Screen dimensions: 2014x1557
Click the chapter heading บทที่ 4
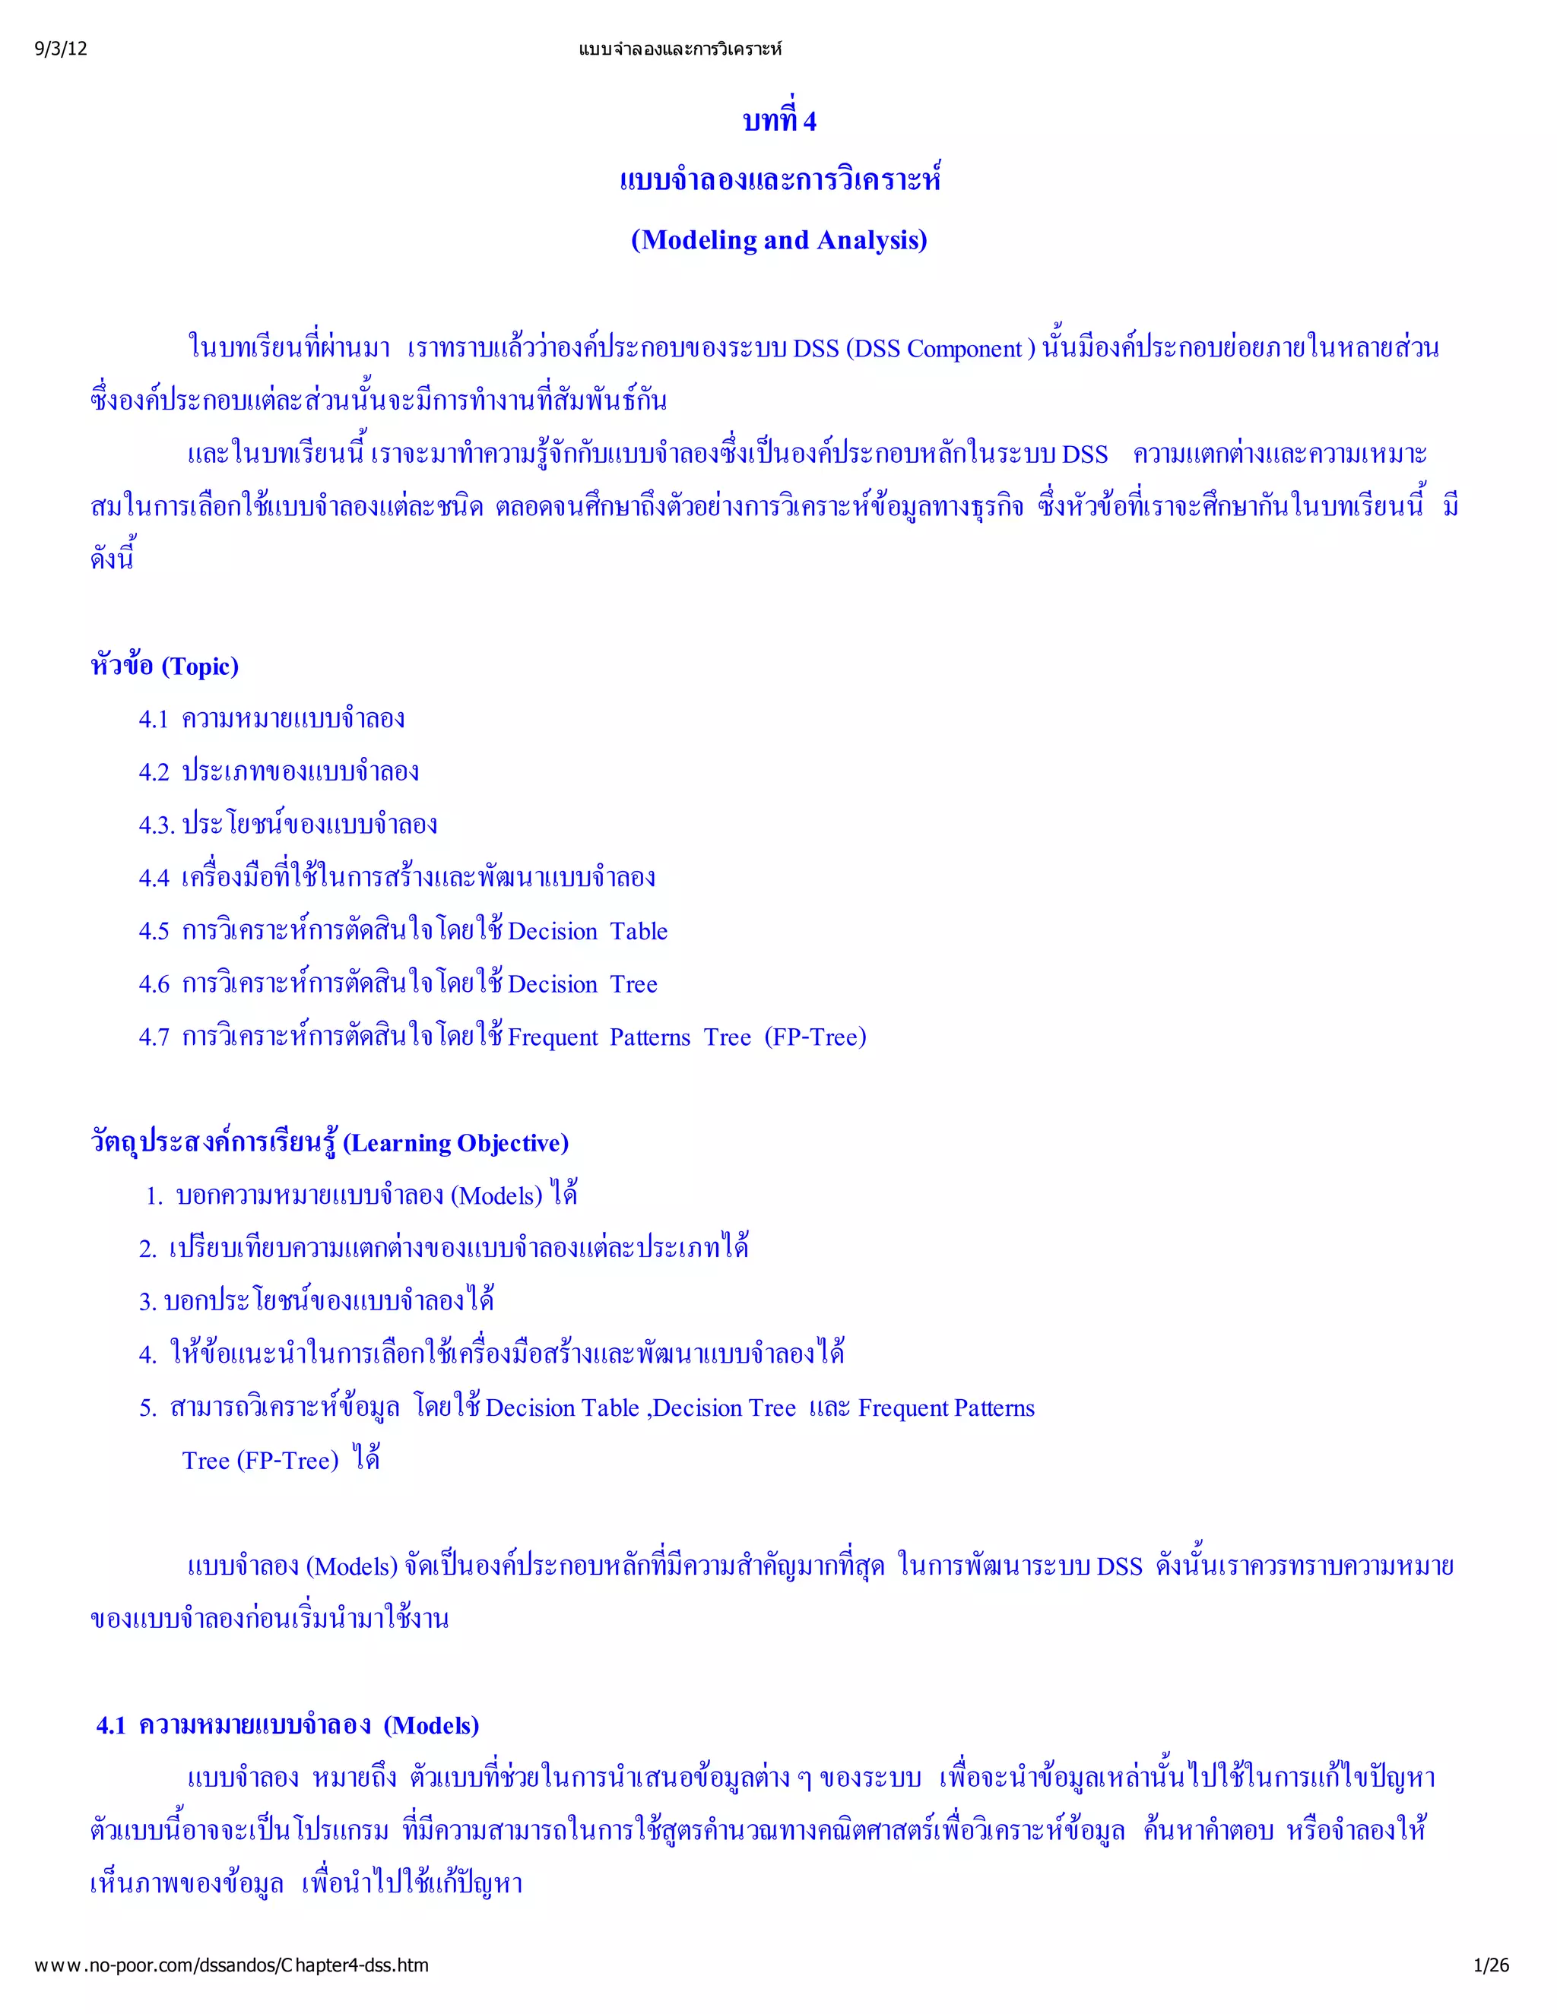coord(779,121)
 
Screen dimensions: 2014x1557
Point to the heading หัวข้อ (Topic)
coord(165,666)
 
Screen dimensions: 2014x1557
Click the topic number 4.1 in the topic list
coord(153,719)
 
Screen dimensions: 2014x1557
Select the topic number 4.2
coord(153,772)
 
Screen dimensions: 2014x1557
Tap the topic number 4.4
coord(153,878)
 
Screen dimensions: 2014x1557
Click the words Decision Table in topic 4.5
coord(588,932)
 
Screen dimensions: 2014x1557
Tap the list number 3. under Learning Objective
coord(147,1302)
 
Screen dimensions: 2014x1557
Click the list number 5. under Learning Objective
coord(147,1408)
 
